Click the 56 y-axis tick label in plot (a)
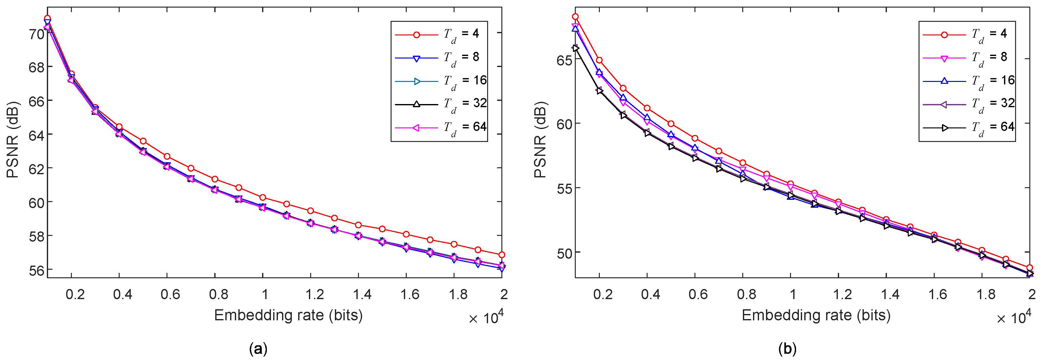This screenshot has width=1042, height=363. pos(36,270)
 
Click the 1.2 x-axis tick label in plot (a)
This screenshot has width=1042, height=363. pos(314,294)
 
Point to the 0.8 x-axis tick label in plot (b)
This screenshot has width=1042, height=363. pos(746,294)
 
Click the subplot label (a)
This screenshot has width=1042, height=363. pos(258,348)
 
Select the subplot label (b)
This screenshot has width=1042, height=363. pos(787,348)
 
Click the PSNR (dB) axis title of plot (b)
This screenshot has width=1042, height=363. pos(540,139)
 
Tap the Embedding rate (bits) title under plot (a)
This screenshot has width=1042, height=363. pos(288,315)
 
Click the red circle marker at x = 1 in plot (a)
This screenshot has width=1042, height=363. pos(263,197)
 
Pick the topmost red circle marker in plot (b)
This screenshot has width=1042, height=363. pos(575,16)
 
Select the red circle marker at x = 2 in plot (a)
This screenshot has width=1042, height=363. pos(502,255)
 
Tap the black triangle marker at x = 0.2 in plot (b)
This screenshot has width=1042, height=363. pos(599,90)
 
